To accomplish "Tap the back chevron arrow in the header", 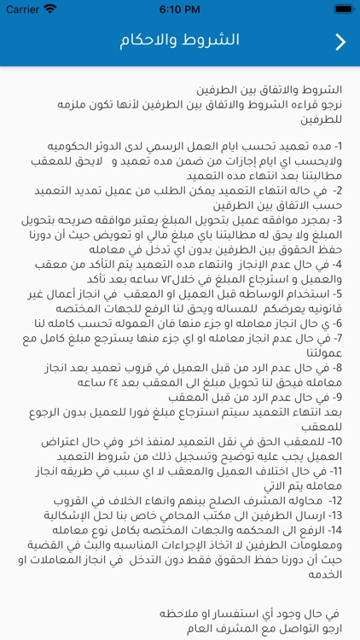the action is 340,42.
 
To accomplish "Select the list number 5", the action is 338,294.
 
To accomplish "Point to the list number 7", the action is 338,339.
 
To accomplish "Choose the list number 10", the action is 335,442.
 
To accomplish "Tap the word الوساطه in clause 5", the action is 258,294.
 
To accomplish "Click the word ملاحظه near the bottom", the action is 174,614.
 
